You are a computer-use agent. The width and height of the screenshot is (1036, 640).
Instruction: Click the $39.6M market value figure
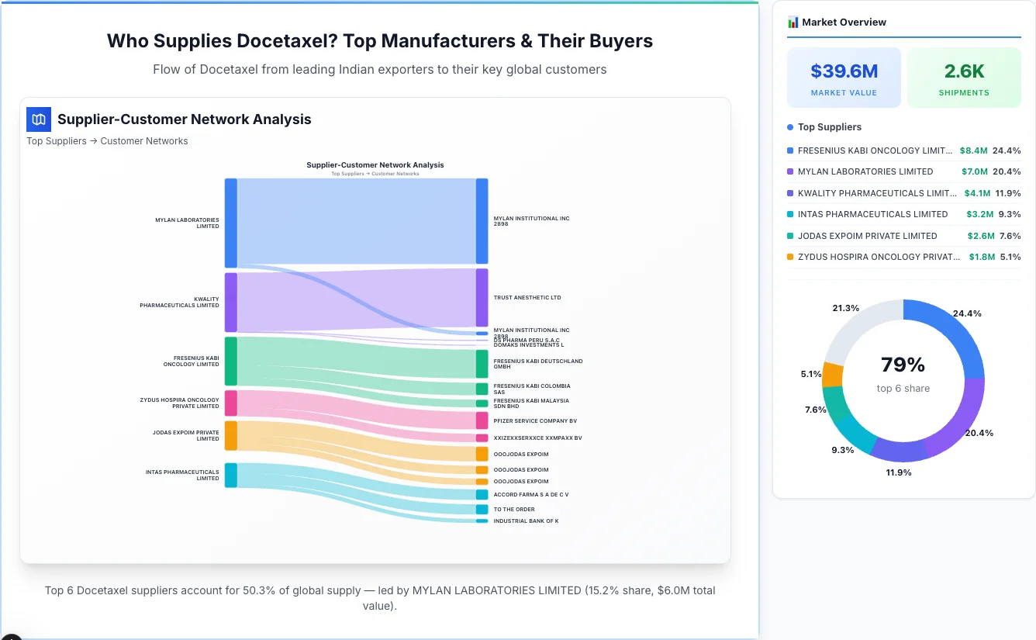click(x=844, y=71)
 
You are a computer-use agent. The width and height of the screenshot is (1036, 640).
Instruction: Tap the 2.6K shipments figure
click(x=964, y=71)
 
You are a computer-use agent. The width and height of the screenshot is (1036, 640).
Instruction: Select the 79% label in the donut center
click(x=903, y=365)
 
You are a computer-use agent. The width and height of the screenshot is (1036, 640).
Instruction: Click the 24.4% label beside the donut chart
click(x=967, y=313)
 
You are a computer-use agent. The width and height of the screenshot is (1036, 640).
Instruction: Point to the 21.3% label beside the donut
click(x=845, y=308)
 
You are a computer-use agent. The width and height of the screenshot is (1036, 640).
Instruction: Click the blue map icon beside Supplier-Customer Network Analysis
click(x=39, y=119)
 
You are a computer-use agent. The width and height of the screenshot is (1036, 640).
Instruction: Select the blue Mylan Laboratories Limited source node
click(x=231, y=223)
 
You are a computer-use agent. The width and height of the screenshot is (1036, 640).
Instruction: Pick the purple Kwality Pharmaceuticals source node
click(x=231, y=302)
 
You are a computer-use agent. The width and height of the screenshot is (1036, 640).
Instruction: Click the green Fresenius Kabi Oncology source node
click(x=231, y=361)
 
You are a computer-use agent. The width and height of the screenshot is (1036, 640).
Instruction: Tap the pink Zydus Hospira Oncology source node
click(x=231, y=403)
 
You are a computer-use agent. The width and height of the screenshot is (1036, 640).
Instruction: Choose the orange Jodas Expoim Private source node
click(x=231, y=435)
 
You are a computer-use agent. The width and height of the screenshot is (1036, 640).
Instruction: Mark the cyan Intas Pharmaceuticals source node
click(x=231, y=475)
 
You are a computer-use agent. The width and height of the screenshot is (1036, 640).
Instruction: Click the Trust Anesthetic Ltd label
click(x=527, y=298)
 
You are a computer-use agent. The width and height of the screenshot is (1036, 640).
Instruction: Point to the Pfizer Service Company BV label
click(x=535, y=421)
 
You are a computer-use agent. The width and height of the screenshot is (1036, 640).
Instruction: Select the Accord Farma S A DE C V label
click(x=531, y=494)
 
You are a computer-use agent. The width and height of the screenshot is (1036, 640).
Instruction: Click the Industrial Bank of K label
click(x=526, y=521)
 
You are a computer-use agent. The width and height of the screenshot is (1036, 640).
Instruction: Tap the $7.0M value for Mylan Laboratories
click(x=974, y=171)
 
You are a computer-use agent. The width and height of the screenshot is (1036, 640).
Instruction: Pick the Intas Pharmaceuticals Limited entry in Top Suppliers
click(x=872, y=214)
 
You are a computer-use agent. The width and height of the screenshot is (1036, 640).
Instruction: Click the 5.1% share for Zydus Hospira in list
click(x=1010, y=257)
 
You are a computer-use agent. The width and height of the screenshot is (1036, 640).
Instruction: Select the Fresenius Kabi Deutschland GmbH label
click(x=538, y=364)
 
